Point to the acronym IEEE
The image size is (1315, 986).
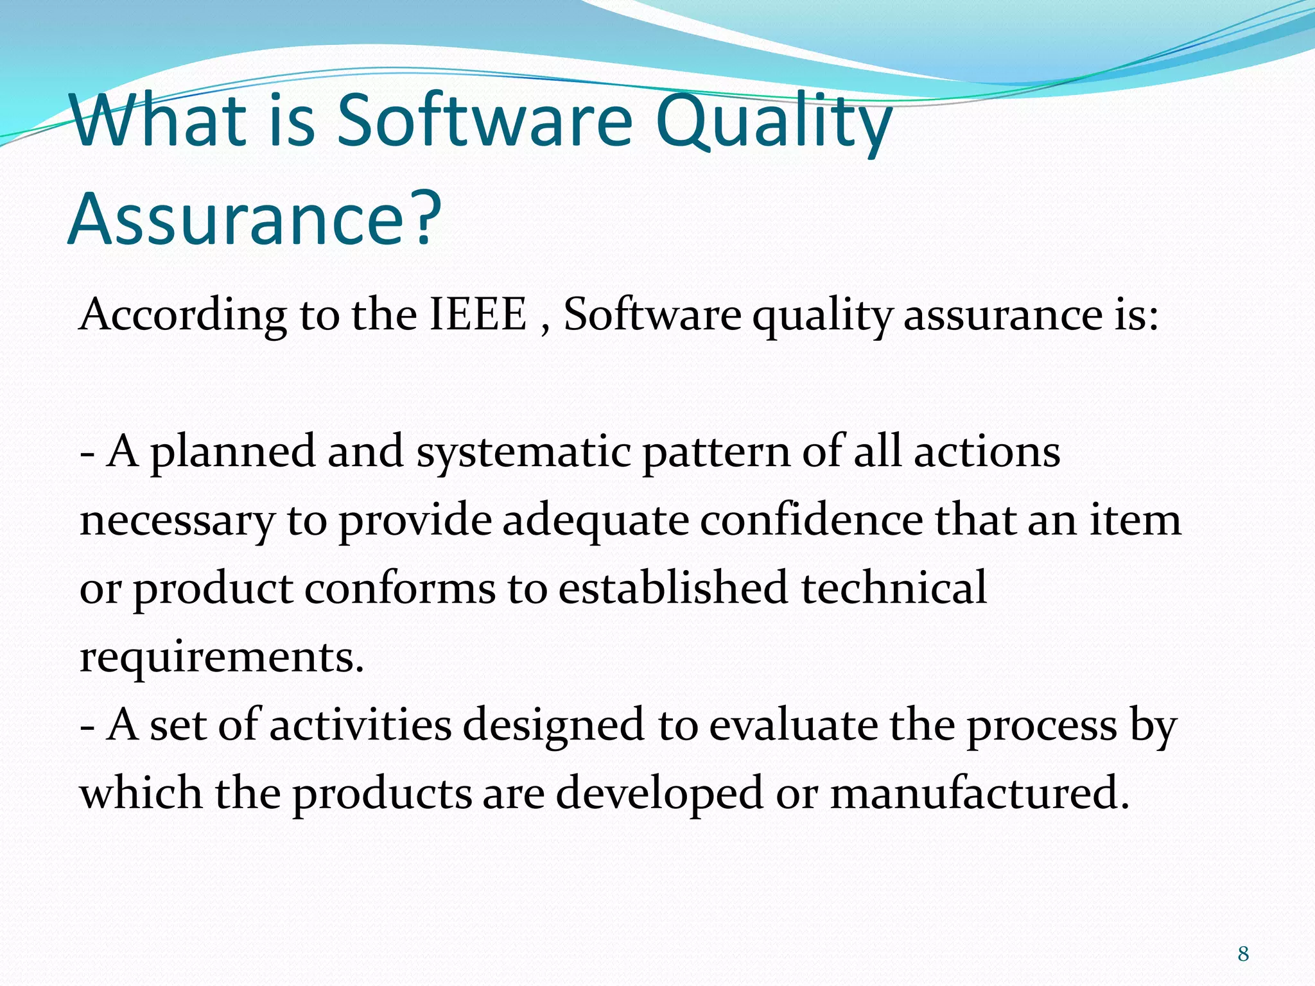tap(478, 315)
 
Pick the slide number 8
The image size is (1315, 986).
tap(1243, 954)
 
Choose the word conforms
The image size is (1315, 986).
tap(399, 589)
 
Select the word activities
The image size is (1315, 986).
tap(360, 725)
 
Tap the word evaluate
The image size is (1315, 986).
tap(793, 725)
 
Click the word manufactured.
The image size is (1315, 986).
tap(979, 793)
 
